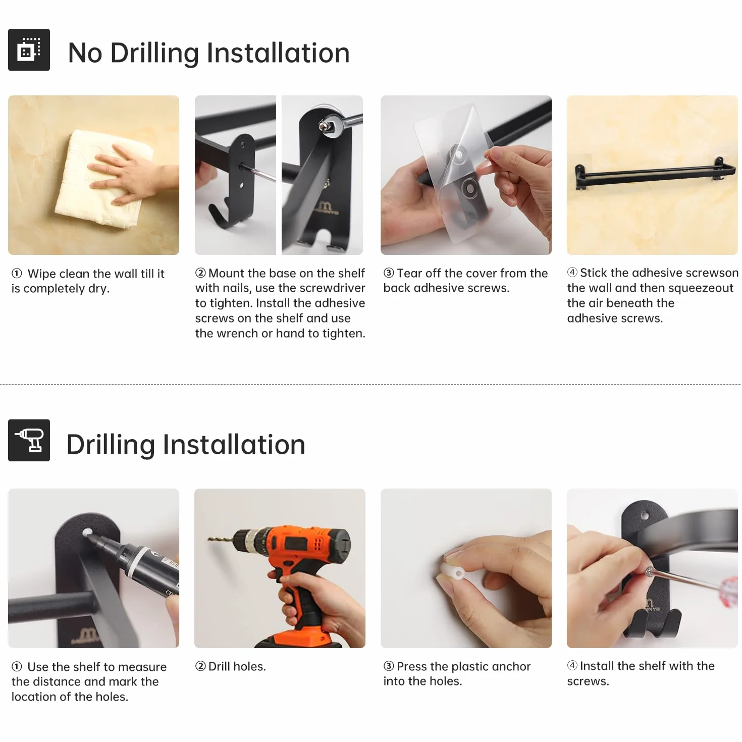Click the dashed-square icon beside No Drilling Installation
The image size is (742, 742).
[29, 49]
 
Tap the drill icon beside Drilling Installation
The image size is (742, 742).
[29, 440]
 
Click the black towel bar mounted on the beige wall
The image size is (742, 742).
[655, 173]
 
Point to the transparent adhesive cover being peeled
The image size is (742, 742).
[462, 173]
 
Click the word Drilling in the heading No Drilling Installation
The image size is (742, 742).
[154, 53]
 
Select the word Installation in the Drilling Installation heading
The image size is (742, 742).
[234, 444]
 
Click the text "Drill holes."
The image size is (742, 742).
[237, 666]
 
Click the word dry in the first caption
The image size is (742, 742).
[98, 289]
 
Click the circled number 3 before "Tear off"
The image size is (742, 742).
[389, 273]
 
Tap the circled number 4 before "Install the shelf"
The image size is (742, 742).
[572, 665]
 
